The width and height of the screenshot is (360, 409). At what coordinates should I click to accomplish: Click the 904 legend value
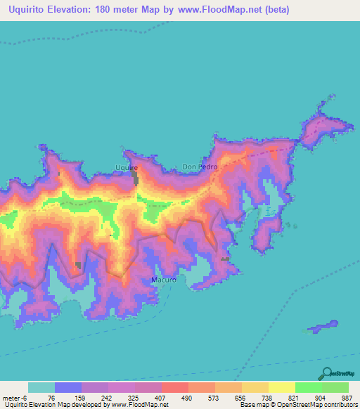click(x=309, y=397)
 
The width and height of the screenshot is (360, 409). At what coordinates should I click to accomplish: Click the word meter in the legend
click(x=11, y=397)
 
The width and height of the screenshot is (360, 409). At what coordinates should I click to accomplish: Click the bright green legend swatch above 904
click(x=309, y=387)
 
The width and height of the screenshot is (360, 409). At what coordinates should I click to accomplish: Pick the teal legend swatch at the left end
click(x=41, y=387)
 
